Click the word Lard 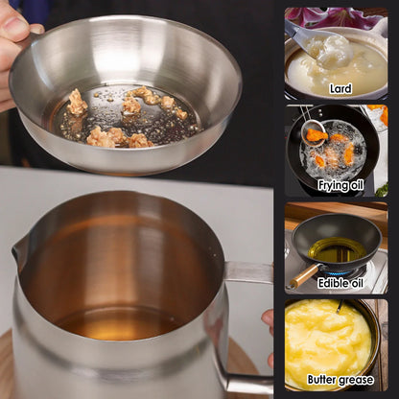point(340,88)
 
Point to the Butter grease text point(340,380)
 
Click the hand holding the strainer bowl point(13,48)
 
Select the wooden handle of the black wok point(303,275)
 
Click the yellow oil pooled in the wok point(336,250)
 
